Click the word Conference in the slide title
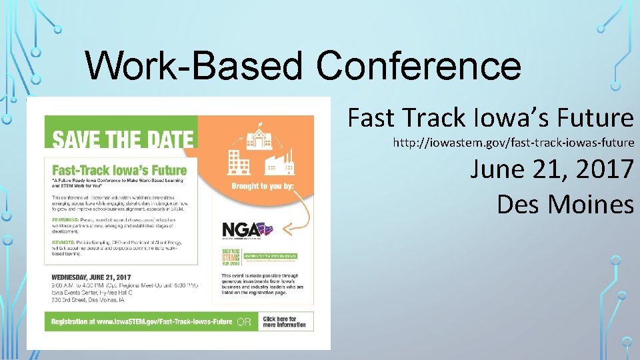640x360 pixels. click(419, 66)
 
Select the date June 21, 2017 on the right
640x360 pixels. click(551, 169)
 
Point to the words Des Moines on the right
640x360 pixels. click(565, 204)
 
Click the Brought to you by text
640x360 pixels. click(263, 186)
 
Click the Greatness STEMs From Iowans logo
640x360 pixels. click(233, 258)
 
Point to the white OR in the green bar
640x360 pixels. click(244, 322)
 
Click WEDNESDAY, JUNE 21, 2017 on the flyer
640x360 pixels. click(91, 277)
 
